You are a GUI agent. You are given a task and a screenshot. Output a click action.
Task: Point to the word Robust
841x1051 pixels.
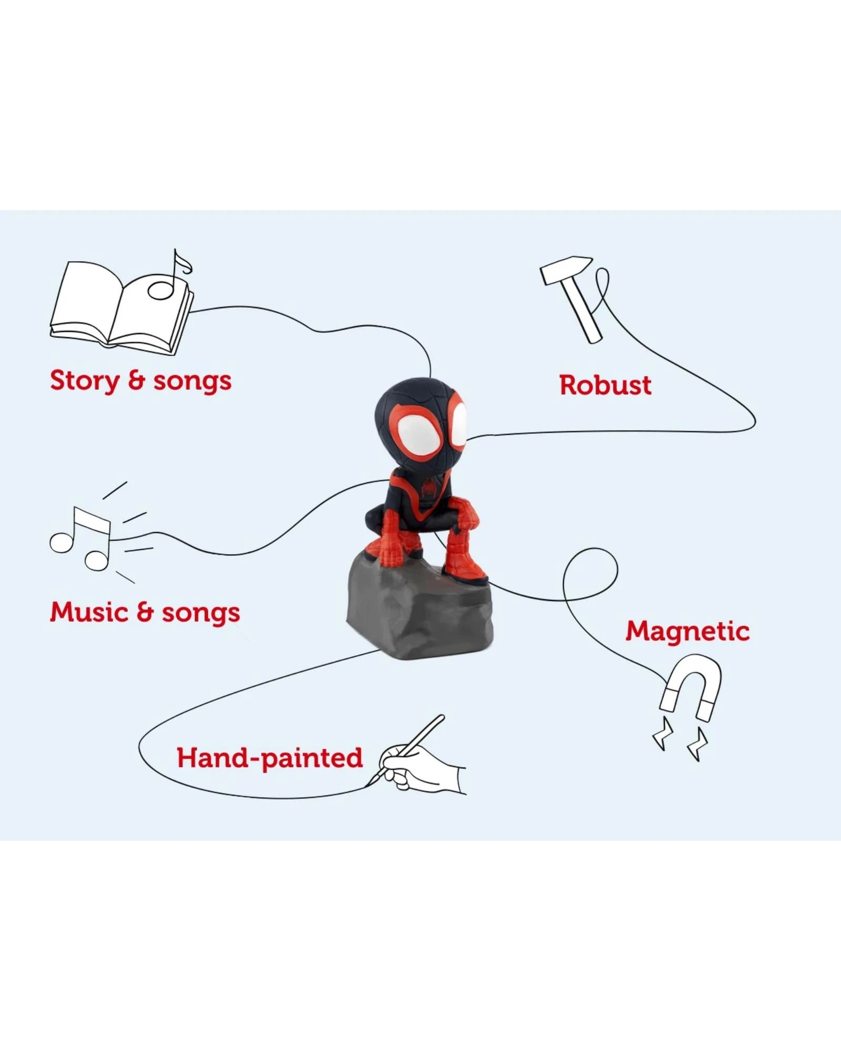(605, 385)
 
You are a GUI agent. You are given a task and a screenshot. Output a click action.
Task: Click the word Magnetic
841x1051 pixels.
(687, 631)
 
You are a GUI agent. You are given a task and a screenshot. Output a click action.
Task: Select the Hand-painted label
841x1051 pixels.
(270, 758)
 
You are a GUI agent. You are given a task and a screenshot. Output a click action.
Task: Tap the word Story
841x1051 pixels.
(84, 380)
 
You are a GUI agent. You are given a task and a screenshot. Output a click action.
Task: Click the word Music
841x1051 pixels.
(88, 612)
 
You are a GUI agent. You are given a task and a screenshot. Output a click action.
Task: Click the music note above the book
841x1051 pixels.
(173, 276)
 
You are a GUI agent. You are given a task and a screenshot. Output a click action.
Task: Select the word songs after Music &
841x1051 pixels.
(200, 613)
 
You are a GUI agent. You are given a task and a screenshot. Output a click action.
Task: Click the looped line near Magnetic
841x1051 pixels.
(590, 575)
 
